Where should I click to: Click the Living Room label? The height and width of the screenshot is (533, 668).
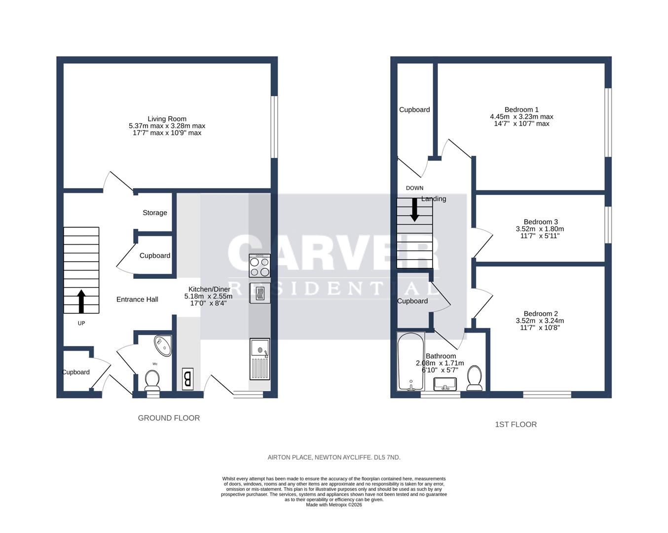[167, 119]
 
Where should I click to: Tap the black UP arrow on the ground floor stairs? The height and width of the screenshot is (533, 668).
[81, 301]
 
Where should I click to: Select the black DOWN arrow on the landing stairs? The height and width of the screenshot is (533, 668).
[414, 209]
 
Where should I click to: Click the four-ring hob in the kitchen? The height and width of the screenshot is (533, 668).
[260, 266]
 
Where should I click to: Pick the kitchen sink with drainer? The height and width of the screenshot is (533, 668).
[260, 359]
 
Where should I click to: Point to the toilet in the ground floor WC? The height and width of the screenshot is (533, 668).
[152, 381]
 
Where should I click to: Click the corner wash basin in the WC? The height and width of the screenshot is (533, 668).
[163, 345]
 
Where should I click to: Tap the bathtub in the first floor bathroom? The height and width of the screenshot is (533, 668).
[410, 361]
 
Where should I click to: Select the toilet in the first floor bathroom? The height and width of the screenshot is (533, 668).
[475, 378]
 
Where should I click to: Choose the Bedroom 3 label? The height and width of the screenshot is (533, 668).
[541, 222]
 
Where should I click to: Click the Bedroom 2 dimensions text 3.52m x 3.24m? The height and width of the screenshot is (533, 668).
[540, 321]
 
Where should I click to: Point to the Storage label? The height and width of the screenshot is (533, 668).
[155, 213]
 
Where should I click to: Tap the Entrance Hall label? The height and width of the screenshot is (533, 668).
[137, 300]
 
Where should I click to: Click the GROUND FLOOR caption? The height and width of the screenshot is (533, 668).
[169, 418]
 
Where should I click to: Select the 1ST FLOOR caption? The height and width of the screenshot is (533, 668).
[516, 424]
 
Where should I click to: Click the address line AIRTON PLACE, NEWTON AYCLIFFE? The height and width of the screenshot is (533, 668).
[334, 457]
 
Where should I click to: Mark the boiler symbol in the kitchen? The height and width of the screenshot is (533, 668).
[187, 379]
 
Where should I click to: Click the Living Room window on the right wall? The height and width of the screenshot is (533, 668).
[274, 127]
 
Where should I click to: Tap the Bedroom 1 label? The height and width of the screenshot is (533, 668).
[521, 110]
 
